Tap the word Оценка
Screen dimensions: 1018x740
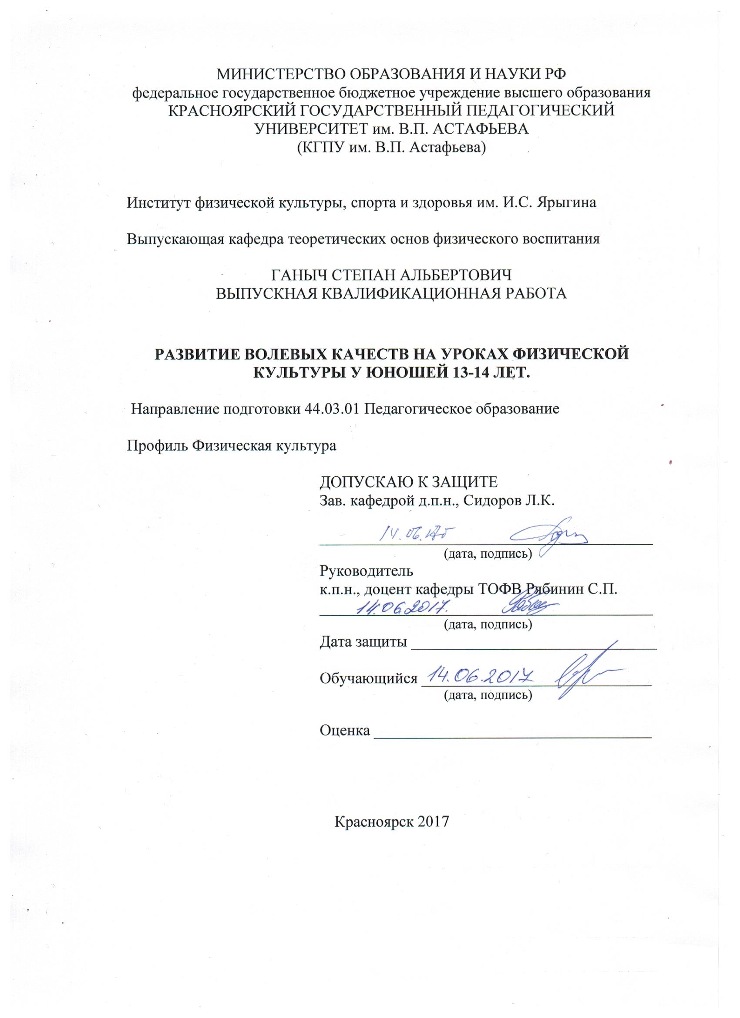(345, 730)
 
